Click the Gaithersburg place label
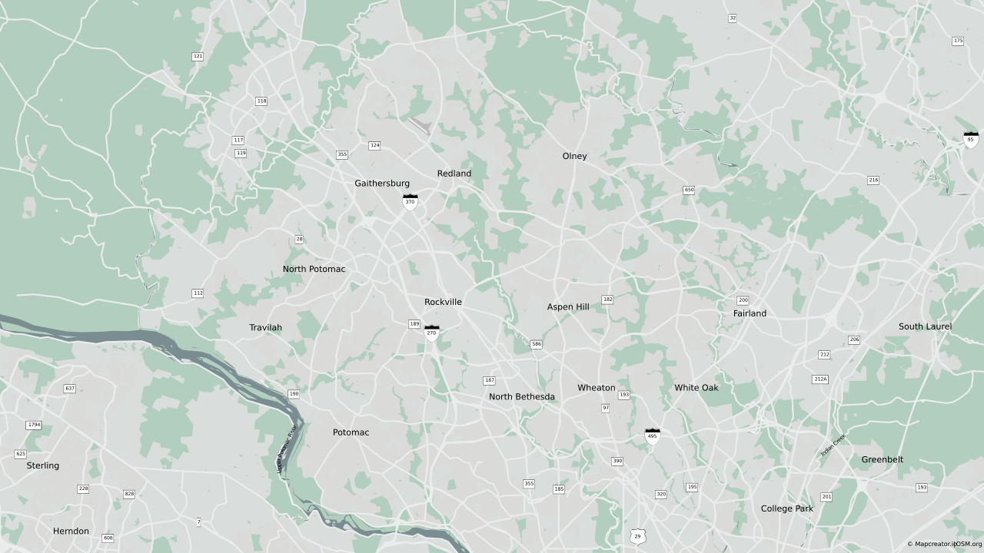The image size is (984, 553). (382, 184)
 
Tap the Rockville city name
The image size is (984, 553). (443, 302)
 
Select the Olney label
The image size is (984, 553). (574, 156)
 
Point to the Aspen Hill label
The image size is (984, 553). (568, 306)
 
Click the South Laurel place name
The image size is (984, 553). (925, 326)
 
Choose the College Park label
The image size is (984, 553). (786, 508)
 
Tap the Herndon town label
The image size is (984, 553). (71, 531)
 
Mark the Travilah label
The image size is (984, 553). (265, 327)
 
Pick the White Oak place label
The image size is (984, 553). (696, 388)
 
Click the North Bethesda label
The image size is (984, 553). (522, 397)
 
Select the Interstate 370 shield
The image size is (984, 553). (411, 203)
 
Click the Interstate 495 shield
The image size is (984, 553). (653, 437)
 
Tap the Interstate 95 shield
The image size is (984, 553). (971, 140)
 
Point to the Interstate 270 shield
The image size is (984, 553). (432, 333)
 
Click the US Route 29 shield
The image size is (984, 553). (637, 536)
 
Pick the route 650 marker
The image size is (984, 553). (689, 190)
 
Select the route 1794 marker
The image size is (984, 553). (34, 425)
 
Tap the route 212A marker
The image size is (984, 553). (820, 379)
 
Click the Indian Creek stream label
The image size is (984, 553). (833, 445)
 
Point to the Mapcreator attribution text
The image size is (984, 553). (944, 545)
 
